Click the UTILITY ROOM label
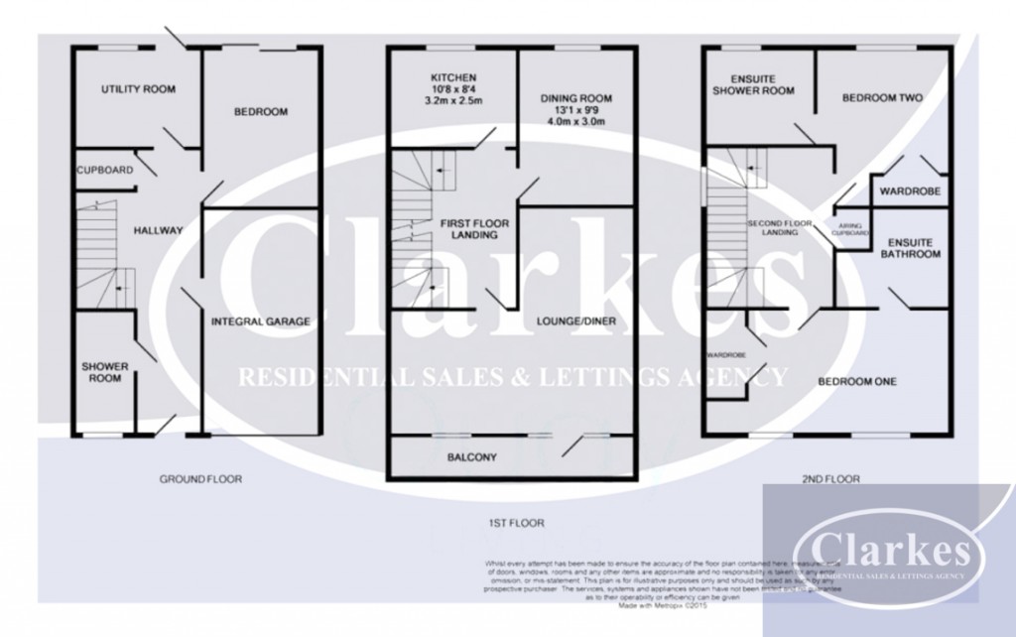[138, 89]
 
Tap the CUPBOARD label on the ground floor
[105, 171]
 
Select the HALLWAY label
[159, 231]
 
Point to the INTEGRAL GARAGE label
[261, 321]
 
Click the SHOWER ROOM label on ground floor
[105, 372]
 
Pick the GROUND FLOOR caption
[200, 479]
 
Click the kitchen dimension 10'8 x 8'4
[453, 90]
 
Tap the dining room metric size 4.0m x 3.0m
[575, 122]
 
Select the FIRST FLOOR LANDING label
[467, 231]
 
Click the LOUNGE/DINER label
[570, 322]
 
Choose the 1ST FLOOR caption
[510, 522]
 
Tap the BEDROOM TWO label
[882, 98]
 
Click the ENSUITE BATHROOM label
[914, 248]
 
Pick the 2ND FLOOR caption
[829, 479]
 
